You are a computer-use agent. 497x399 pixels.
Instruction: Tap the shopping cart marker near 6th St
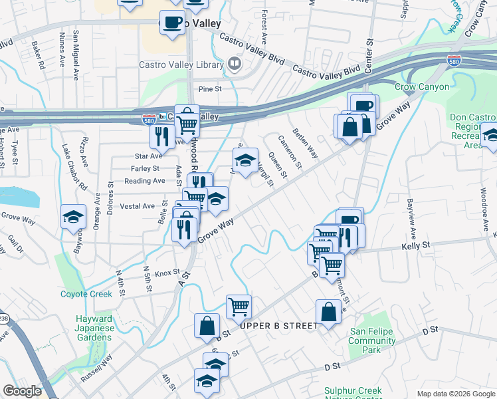click(x=239, y=307)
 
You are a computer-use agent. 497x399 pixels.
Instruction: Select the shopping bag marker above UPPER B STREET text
click(x=329, y=311)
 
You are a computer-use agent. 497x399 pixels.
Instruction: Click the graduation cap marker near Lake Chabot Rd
click(x=73, y=217)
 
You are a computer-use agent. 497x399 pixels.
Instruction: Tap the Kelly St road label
click(x=416, y=245)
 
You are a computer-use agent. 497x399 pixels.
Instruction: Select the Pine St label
click(x=209, y=88)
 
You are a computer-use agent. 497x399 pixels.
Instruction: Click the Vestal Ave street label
click(x=137, y=206)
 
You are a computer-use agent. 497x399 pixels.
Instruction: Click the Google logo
click(x=22, y=391)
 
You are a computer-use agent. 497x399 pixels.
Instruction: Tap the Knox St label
click(x=167, y=273)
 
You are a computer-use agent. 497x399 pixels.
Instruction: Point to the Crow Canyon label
click(x=422, y=87)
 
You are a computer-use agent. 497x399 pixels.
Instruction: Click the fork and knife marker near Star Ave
click(x=161, y=137)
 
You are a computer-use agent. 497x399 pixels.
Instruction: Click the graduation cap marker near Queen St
click(x=245, y=160)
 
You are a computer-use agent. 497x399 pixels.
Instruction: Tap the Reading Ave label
click(x=145, y=181)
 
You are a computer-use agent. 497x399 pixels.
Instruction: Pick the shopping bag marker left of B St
click(x=207, y=326)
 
